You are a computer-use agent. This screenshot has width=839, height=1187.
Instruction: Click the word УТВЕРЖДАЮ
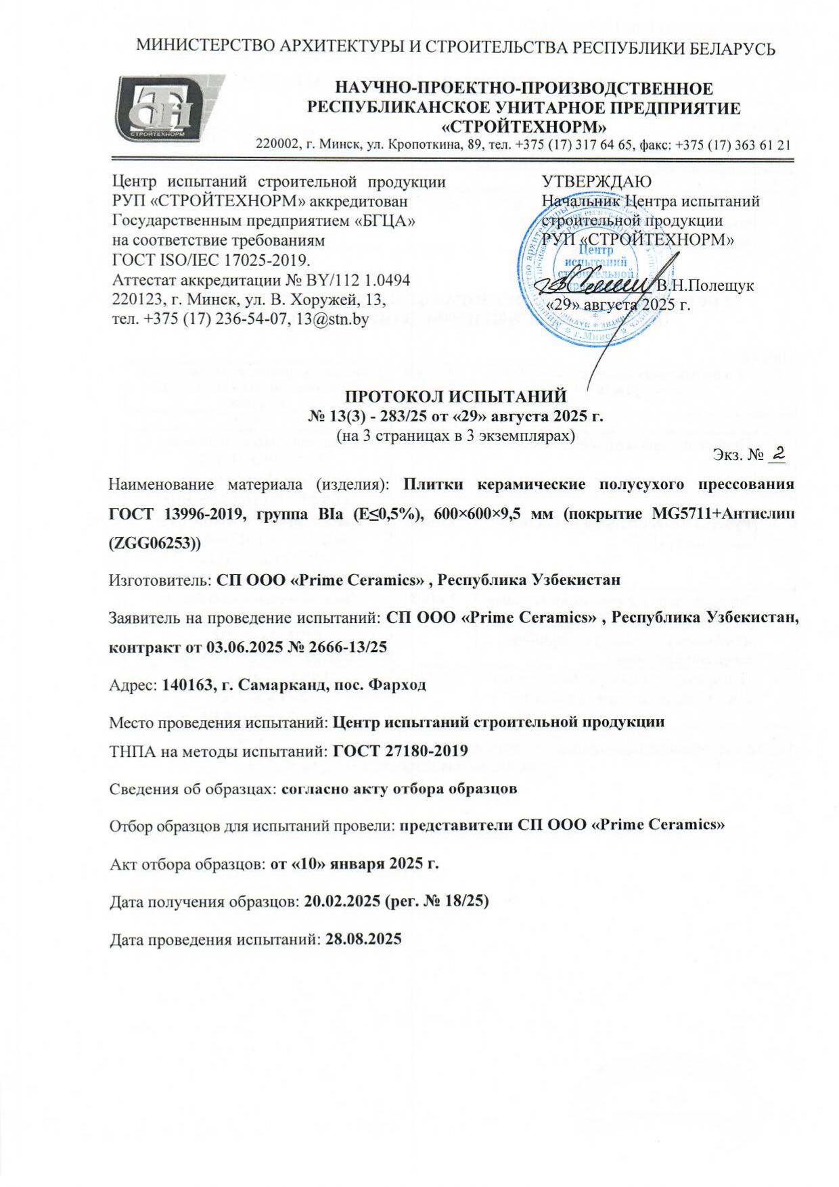(x=596, y=181)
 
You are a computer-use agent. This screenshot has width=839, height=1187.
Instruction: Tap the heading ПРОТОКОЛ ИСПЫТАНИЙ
(x=455, y=396)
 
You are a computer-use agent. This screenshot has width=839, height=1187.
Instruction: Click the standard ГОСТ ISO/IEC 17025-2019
(x=210, y=260)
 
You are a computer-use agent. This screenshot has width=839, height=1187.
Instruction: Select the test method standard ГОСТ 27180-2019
(x=401, y=751)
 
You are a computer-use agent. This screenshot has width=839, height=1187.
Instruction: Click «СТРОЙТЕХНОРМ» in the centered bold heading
(x=524, y=126)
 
